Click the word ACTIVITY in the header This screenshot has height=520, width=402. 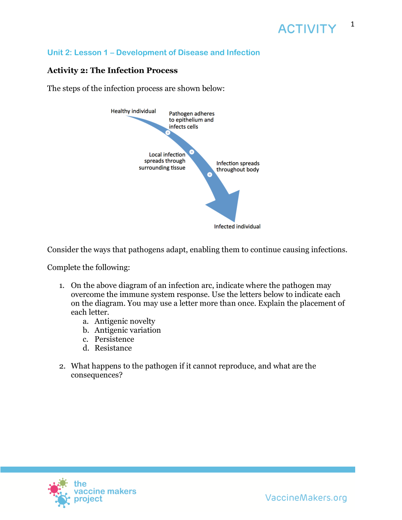[307, 29]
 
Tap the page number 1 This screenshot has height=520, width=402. [352, 24]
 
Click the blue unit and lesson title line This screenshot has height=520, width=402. [154, 53]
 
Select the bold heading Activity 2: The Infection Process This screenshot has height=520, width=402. [113, 70]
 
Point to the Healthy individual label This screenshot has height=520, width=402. [133, 111]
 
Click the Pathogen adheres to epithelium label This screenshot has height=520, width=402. [191, 120]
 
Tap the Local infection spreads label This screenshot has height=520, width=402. [163, 161]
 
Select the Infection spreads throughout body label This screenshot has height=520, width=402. [238, 166]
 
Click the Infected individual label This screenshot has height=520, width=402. [237, 226]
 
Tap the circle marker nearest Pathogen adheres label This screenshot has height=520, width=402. [168, 133]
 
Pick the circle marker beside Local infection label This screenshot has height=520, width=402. [192, 152]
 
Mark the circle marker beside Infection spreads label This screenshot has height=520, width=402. [210, 175]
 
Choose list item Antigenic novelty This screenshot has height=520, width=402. [125, 321]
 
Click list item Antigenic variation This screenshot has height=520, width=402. [128, 330]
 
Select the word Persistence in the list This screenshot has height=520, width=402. [114, 339]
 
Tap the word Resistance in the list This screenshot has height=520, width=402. [113, 348]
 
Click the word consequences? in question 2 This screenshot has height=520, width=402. [96, 375]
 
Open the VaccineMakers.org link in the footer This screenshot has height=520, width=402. [306, 498]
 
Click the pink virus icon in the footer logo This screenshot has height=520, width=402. [54, 489]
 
